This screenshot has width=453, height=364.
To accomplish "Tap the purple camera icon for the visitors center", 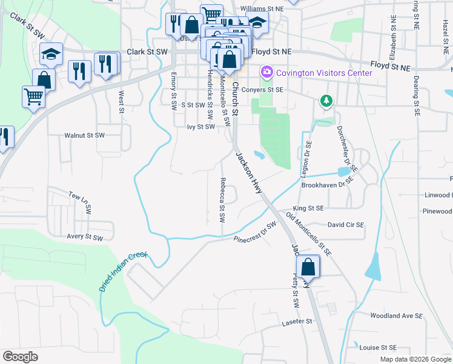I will tap(266, 73).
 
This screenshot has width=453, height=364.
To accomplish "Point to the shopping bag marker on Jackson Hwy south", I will tap(308, 266).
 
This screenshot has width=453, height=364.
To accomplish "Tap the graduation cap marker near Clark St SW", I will tap(52, 55).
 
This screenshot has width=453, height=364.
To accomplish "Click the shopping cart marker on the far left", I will tap(33, 96).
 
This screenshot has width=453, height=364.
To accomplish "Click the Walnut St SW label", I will tap(85, 135).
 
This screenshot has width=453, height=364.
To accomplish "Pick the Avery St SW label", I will tap(84, 237).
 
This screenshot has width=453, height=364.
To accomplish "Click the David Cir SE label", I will tap(346, 224).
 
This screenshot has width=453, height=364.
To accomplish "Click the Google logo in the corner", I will tap(20, 357).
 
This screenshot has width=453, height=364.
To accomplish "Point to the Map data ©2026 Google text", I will tap(415, 359).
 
